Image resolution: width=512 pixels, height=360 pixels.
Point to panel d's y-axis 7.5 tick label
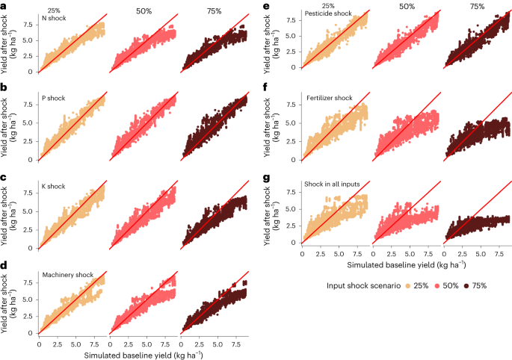[28, 282]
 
